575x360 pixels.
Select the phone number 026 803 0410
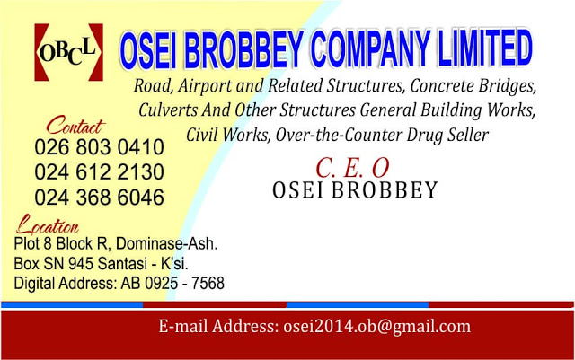(99, 146)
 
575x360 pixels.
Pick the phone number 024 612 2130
(99, 171)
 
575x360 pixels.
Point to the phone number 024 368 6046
(99, 197)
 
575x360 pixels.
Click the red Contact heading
(75, 124)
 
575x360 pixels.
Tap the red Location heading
(49, 224)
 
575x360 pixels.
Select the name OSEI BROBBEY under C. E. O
(355, 190)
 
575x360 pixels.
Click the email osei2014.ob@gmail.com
(376, 327)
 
